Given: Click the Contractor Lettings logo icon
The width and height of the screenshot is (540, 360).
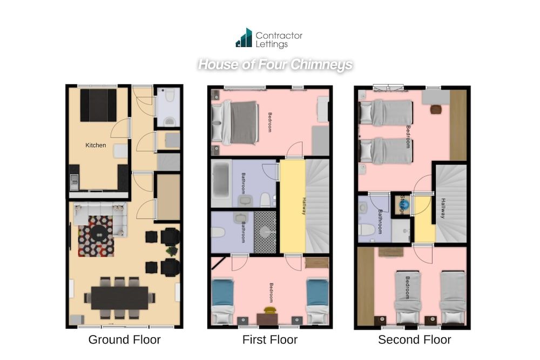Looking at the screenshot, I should click(x=244, y=38).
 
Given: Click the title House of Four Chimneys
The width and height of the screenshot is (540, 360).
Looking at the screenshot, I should click(x=275, y=65).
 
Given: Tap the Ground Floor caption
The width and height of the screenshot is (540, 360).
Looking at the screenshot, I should click(x=124, y=340).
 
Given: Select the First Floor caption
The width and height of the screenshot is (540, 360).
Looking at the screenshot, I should click(x=270, y=340).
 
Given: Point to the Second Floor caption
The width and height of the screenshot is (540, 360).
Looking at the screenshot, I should click(x=414, y=340).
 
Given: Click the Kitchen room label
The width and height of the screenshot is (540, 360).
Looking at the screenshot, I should click(x=96, y=145).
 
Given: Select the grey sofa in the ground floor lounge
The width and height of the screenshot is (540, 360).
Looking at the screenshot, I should click(x=100, y=212).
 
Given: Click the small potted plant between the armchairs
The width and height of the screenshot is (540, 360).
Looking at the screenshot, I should click(x=172, y=251).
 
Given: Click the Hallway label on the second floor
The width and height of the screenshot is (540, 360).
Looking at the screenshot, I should click(x=443, y=208).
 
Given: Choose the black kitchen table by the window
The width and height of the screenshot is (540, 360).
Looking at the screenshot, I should click(x=98, y=105).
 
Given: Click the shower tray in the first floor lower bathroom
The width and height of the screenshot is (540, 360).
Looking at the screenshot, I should click(x=265, y=232).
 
